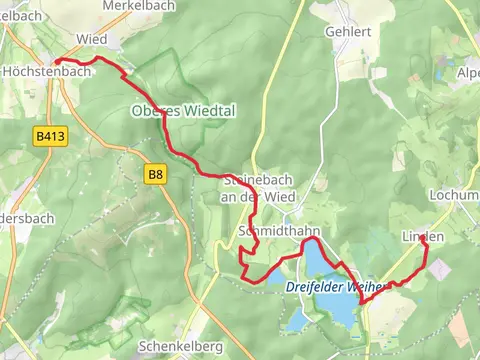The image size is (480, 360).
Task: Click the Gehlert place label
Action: (348, 32)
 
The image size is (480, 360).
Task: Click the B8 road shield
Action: (155, 174)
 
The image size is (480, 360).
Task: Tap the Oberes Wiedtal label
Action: (183, 111)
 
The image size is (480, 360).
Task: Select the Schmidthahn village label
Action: (280, 231)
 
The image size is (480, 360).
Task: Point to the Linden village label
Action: (422, 236)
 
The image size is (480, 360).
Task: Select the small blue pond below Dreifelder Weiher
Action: (296, 320)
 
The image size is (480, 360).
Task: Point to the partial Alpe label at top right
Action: (467, 73)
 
